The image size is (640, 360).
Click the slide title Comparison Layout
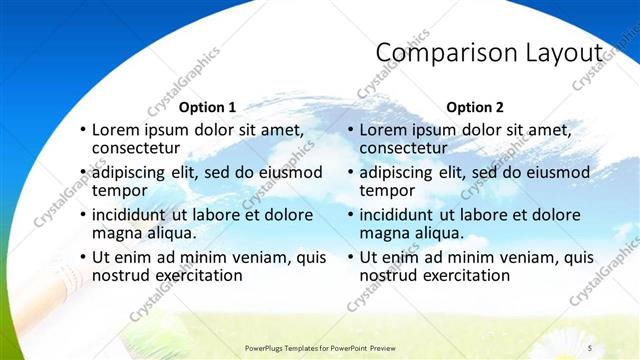click(489, 52)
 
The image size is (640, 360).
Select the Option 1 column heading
click(207, 107)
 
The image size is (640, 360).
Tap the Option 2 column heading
click(475, 107)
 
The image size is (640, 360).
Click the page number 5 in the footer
click(590, 347)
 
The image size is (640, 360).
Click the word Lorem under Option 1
click(117, 130)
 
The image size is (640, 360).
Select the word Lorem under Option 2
click(384, 130)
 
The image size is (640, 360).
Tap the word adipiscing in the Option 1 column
click(134, 172)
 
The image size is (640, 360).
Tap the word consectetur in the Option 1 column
click(141, 148)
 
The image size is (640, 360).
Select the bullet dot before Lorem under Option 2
click(350, 131)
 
